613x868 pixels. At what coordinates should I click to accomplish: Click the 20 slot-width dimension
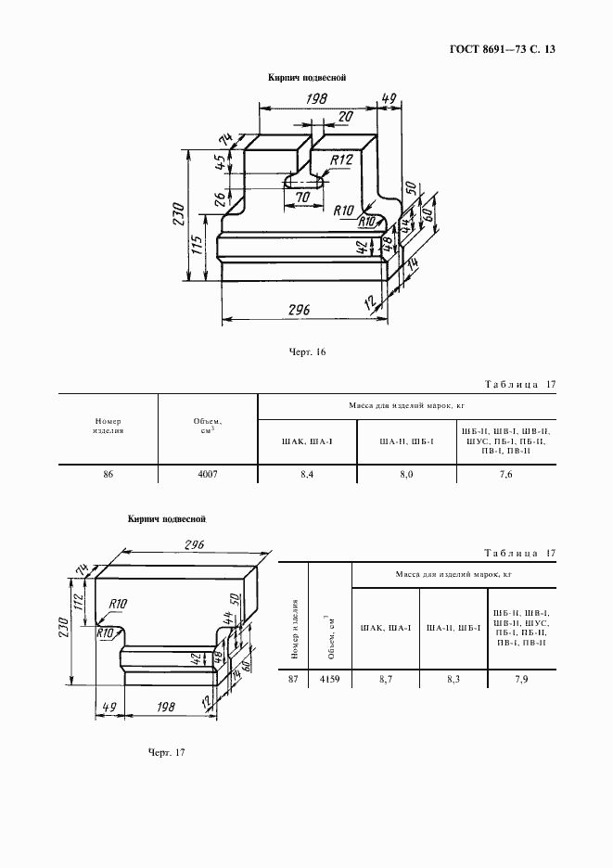(346, 117)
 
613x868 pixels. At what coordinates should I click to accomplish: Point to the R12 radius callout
(341, 160)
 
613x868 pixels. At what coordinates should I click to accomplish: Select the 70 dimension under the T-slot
(303, 198)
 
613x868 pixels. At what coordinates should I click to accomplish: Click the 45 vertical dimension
(220, 162)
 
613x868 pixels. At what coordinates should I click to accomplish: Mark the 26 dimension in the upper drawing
(220, 198)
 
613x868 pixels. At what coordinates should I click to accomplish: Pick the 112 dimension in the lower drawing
(78, 601)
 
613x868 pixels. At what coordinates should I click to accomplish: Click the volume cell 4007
(208, 475)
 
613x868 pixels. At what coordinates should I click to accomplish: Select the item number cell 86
(108, 475)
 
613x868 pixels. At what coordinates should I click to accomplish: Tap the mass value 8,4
(307, 475)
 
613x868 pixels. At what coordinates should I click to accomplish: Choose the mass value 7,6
(506, 475)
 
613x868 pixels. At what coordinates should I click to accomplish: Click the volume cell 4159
(330, 679)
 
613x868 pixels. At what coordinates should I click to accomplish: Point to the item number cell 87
(293, 679)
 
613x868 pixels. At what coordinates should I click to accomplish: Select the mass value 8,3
(453, 679)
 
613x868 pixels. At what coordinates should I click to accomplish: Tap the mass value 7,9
(521, 679)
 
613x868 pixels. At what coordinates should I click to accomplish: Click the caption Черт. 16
(307, 352)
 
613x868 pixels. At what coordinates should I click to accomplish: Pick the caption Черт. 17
(166, 753)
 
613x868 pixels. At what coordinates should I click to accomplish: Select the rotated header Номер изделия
(294, 629)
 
